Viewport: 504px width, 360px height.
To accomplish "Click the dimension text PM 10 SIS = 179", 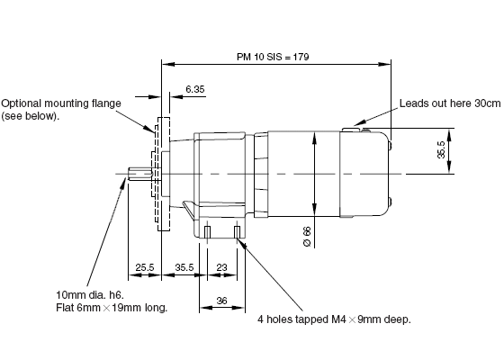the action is click(x=273, y=57).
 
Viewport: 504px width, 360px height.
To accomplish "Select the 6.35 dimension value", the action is click(x=195, y=89).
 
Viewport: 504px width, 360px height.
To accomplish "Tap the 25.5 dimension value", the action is click(x=145, y=267).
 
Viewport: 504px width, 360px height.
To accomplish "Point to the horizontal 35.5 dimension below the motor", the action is click(x=184, y=267).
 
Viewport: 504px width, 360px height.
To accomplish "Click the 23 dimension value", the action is click(x=221, y=267).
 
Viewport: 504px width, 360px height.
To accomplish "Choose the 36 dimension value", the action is click(x=221, y=301).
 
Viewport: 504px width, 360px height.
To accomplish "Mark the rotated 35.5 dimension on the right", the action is click(x=441, y=149).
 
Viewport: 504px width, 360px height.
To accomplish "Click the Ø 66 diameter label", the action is click(x=307, y=237).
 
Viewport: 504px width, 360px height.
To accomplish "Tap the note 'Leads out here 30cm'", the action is click(x=450, y=103).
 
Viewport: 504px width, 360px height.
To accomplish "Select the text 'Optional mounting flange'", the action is click(x=61, y=103).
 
